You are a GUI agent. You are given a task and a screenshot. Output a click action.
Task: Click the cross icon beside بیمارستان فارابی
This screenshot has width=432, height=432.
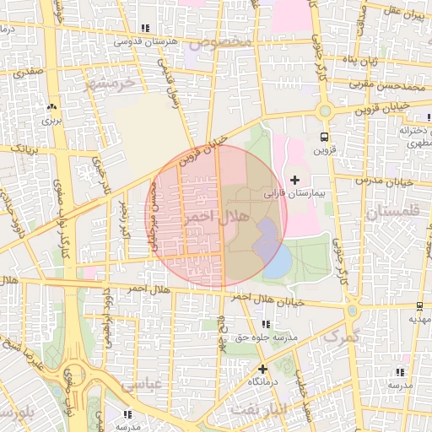[294, 179]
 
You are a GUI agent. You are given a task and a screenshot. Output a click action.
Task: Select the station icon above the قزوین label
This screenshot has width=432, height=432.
[324, 138]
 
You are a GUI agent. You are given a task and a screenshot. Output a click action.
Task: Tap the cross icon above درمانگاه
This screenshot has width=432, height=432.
[262, 368]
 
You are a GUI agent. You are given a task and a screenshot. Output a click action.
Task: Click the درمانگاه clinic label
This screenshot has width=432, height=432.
[263, 382]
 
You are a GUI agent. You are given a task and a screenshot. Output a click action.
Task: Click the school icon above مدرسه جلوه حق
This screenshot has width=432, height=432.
[267, 324]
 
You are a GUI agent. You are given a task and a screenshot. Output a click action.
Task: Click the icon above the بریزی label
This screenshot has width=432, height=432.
[52, 107]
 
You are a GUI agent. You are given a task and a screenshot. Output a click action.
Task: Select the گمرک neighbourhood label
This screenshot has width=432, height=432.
[341, 336]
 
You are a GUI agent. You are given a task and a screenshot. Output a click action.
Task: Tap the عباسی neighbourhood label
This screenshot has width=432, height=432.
[139, 385]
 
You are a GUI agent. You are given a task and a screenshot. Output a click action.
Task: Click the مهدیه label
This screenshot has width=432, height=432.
[419, 320]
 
